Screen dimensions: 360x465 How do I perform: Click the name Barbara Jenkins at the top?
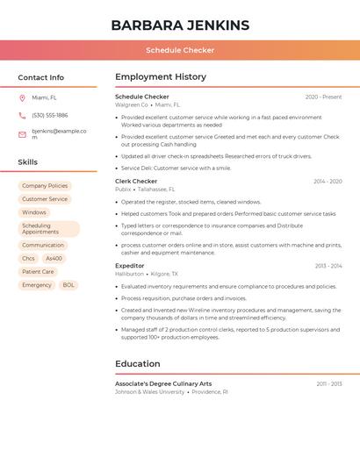(180, 25)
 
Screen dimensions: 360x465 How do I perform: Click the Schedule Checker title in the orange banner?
(180, 50)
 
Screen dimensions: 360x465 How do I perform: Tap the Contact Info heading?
(41, 77)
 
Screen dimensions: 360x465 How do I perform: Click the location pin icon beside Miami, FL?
(22, 98)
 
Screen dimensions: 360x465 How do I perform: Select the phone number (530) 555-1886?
(50, 115)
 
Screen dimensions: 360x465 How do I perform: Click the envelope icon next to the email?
(22, 134)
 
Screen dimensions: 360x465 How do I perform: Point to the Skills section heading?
(28, 162)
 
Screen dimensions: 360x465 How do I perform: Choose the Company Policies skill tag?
(45, 186)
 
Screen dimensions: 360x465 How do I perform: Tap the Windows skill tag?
(34, 212)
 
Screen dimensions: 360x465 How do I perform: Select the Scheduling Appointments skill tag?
(48, 229)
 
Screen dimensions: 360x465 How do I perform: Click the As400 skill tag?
(54, 259)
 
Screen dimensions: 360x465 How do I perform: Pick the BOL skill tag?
(68, 285)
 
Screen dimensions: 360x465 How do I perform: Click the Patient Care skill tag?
(38, 272)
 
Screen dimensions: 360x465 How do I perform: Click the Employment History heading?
(161, 77)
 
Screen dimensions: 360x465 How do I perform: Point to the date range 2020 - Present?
(323, 97)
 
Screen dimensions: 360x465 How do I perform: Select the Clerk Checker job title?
(136, 182)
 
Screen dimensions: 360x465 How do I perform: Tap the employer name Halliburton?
(129, 274)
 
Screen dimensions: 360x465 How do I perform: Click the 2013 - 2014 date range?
(328, 266)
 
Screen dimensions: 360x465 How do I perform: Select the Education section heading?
(138, 364)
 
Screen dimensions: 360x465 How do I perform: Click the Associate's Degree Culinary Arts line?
(163, 384)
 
